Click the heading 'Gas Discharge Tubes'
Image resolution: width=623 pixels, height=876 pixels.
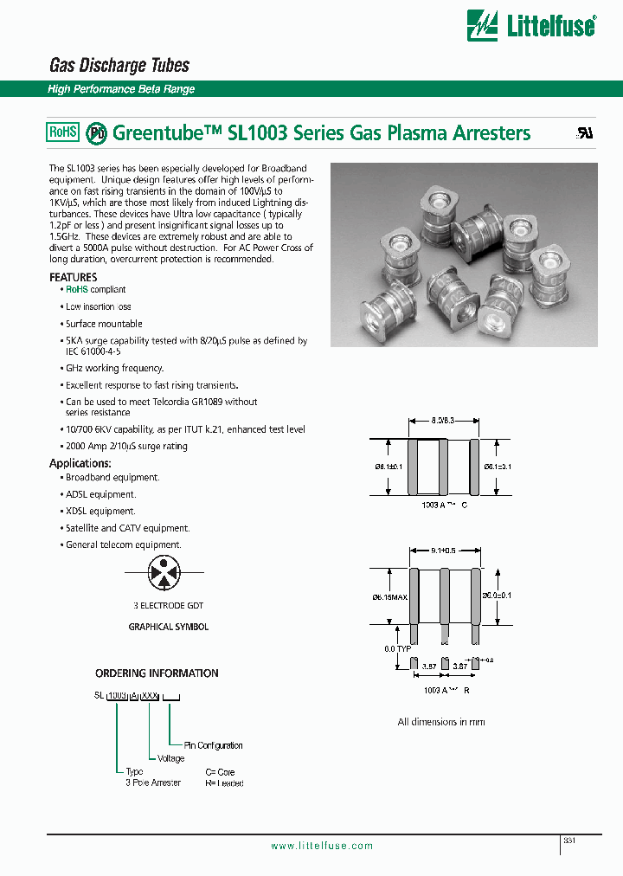(119, 66)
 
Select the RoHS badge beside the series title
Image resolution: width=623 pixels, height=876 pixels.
(62, 132)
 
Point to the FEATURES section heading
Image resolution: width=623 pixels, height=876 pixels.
(74, 277)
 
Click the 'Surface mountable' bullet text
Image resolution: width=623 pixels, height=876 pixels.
(104, 324)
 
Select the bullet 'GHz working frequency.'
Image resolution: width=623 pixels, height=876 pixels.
(114, 368)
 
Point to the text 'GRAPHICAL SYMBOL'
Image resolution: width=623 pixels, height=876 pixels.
(169, 627)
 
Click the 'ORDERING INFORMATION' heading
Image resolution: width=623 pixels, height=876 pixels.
(157, 673)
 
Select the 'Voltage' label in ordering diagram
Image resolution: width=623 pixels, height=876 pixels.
(170, 758)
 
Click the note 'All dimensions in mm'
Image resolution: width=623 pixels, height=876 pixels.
(441, 722)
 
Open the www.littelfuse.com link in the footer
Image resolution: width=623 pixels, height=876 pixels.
(322, 847)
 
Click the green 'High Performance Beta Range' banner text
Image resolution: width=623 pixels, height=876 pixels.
(121, 89)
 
